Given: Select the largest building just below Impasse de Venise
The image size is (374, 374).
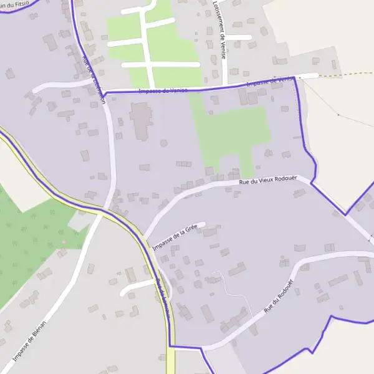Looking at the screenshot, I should (140, 118).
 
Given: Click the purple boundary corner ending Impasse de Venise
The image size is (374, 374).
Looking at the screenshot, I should (294, 78).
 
